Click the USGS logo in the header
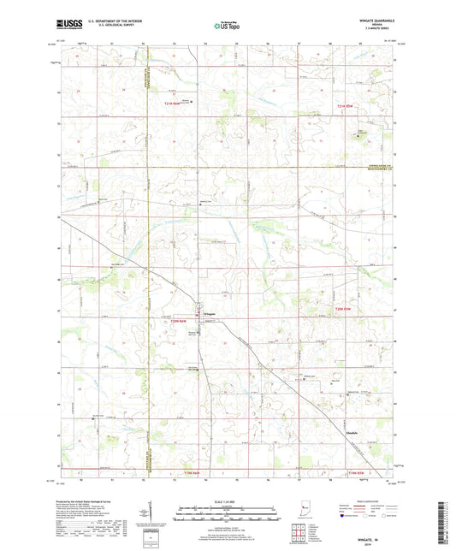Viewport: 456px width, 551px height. [x=65, y=26]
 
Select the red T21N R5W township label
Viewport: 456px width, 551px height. [x=344, y=104]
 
